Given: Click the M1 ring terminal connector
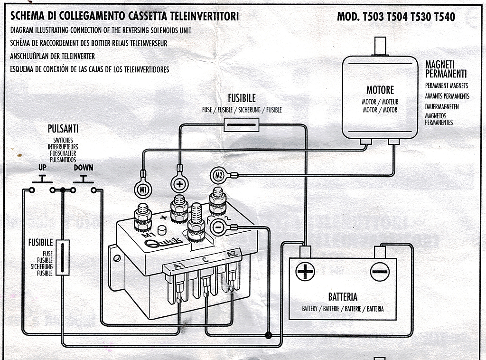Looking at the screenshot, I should [x=143, y=189].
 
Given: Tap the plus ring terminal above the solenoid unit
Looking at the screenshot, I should [x=179, y=184].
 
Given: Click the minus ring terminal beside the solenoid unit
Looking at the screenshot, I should [x=218, y=228].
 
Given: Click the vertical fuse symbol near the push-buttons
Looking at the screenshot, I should [x=63, y=257].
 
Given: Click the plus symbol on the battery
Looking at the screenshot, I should [x=305, y=272].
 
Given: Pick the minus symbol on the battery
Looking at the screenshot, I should [x=380, y=272].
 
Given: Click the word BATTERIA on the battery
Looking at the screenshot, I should [x=343, y=297].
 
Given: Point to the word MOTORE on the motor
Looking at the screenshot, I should [x=380, y=90].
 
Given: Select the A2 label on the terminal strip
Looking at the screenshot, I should [x=232, y=255].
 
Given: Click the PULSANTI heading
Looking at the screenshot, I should [x=63, y=129].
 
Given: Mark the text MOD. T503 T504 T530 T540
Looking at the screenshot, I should [x=396, y=17].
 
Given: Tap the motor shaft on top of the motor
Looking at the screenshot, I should [x=380, y=47].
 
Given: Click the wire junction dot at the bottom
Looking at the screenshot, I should [x=268, y=336].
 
